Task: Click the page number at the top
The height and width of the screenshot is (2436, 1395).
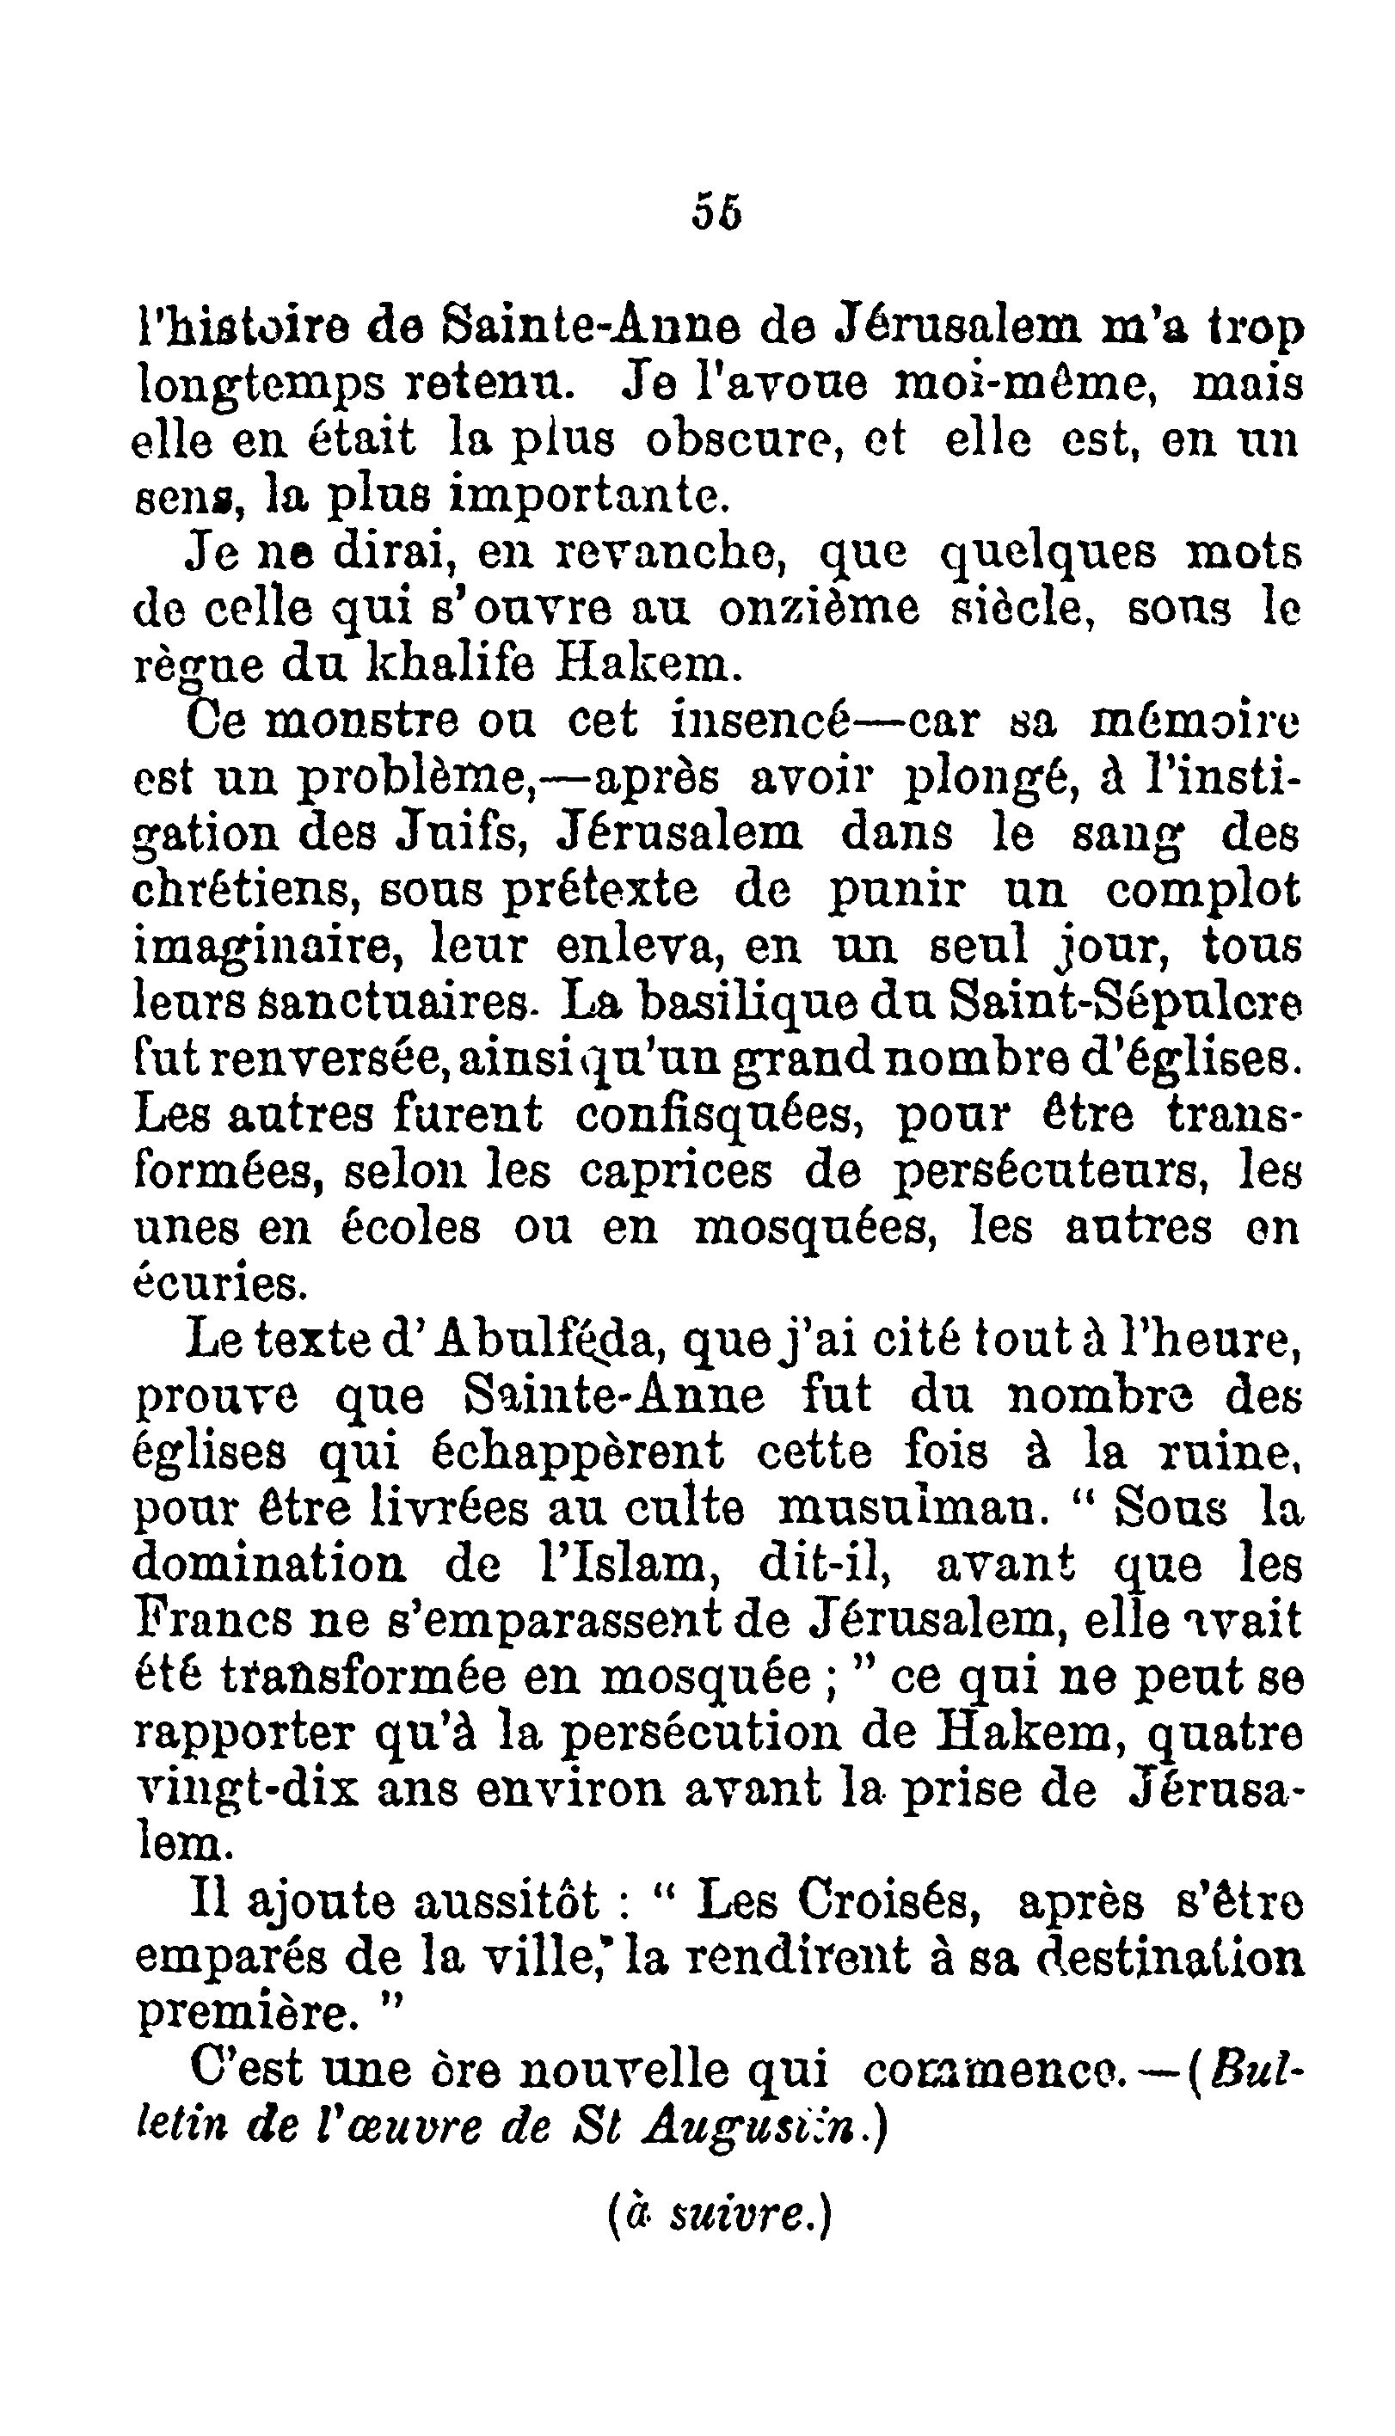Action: click(x=716, y=212)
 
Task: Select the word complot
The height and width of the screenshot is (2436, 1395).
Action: click(x=1202, y=890)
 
